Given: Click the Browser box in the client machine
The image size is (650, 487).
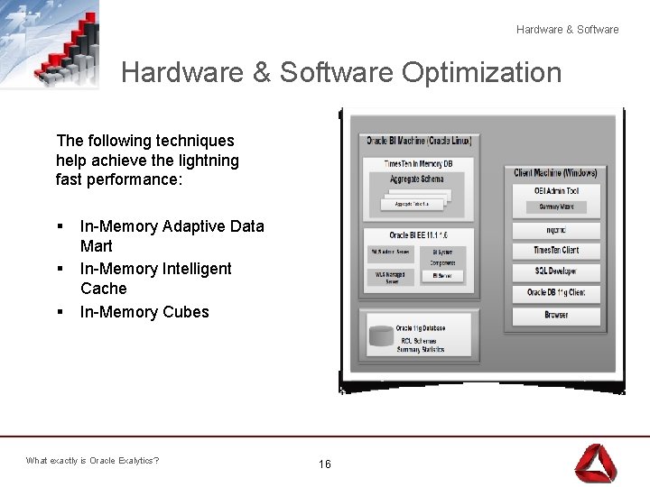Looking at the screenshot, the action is [x=556, y=316].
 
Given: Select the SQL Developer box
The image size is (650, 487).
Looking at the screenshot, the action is [x=556, y=271].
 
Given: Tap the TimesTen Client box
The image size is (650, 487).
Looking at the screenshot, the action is [x=556, y=250].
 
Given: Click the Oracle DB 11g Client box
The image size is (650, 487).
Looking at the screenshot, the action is [x=556, y=293].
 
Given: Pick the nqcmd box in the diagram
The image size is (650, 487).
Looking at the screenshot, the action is [x=556, y=230].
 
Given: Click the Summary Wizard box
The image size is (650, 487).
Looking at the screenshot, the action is [x=556, y=207].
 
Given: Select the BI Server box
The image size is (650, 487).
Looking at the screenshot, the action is [x=441, y=276].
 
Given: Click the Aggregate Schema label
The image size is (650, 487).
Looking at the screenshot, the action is [x=417, y=179].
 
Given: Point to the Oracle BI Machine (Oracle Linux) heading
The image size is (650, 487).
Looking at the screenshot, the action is [x=418, y=141].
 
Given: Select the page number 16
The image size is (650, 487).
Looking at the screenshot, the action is [x=325, y=464].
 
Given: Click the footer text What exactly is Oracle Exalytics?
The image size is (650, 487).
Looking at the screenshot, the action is [x=92, y=461].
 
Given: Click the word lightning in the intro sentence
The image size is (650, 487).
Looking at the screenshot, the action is [x=209, y=161].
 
